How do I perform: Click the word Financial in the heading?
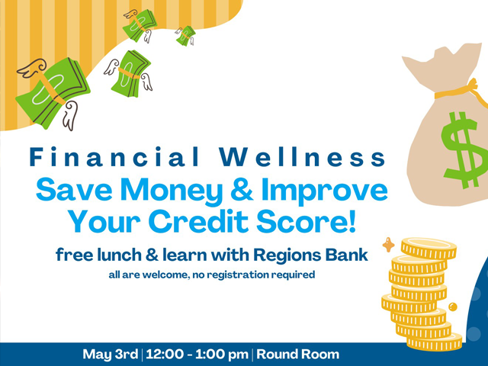coord(114,156)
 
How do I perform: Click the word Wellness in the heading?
coord(302,156)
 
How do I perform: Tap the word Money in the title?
coord(172,191)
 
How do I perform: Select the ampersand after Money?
coord(242,189)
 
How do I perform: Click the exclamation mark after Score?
coord(352,220)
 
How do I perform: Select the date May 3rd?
coord(110,354)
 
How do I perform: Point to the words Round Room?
coord(298,354)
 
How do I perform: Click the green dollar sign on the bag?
coord(459,150)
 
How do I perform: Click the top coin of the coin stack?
coord(429,248)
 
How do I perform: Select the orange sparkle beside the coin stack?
coord(388,245)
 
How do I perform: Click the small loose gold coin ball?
coord(452,307)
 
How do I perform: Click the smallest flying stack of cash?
coord(185,36)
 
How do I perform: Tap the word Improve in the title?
coord(325,191)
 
